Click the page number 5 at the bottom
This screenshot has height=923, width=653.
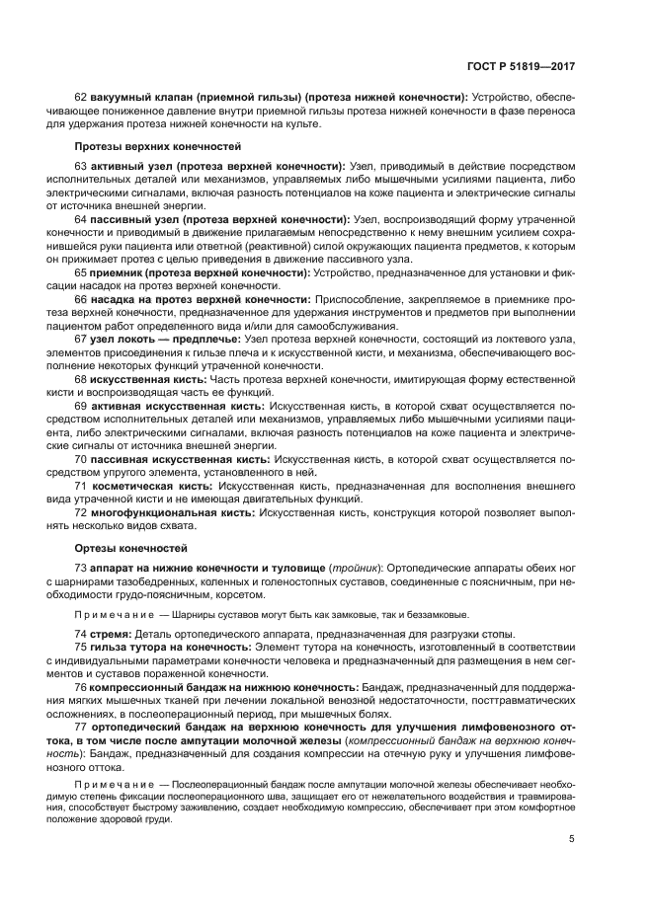(572, 839)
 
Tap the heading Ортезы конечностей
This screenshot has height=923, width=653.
(126, 548)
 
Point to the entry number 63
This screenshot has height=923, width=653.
(81, 168)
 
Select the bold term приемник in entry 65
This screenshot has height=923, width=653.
(120, 271)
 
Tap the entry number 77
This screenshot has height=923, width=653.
(81, 728)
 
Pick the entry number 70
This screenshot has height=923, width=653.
(81, 460)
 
